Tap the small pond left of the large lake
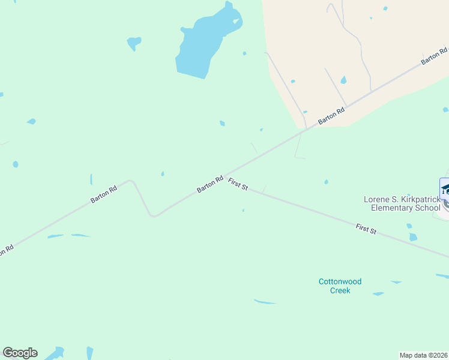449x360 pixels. pos(134,43)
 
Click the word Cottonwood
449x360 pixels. pos(340,281)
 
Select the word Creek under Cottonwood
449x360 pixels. pos(340,290)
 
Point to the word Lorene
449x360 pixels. pos(378,199)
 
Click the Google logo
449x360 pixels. pos(20,353)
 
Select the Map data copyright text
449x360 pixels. pos(424,355)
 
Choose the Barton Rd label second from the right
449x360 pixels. pos(331,116)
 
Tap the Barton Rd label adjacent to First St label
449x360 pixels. pos(210,184)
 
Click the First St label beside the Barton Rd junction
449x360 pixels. pos(238,184)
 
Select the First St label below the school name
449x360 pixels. pos(366,229)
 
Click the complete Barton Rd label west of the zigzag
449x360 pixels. pos(104,193)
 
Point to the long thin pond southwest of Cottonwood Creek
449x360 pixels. pos(265,301)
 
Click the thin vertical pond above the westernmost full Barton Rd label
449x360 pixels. pos(91,179)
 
